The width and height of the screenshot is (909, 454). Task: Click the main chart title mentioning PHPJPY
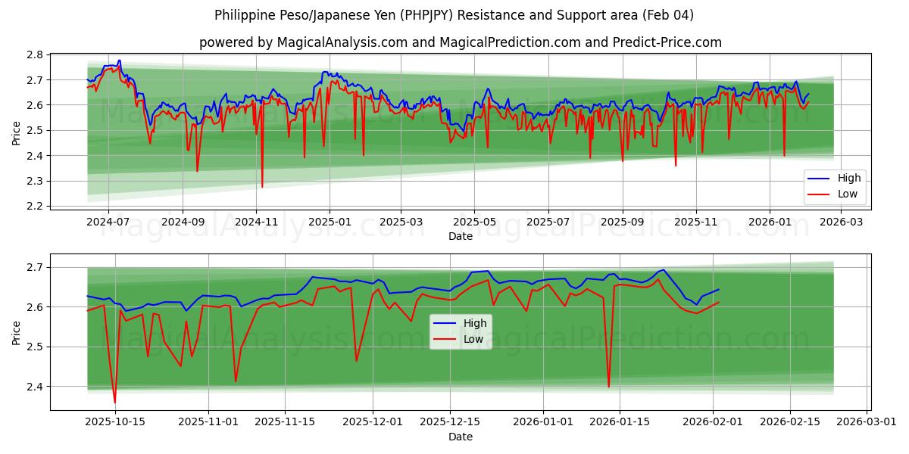[x=454, y=15]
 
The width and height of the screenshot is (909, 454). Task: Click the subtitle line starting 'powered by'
[x=460, y=42]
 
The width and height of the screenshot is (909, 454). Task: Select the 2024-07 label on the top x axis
[x=108, y=222]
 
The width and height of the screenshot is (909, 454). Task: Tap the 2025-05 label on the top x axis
[x=474, y=222]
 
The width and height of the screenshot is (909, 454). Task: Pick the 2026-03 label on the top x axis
[x=842, y=222]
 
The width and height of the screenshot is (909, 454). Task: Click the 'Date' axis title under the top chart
[x=460, y=236]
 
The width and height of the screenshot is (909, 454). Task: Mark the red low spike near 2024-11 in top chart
[x=262, y=186]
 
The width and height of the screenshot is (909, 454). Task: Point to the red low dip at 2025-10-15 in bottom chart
[x=115, y=402]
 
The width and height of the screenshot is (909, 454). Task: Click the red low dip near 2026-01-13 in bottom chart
[x=608, y=387]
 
